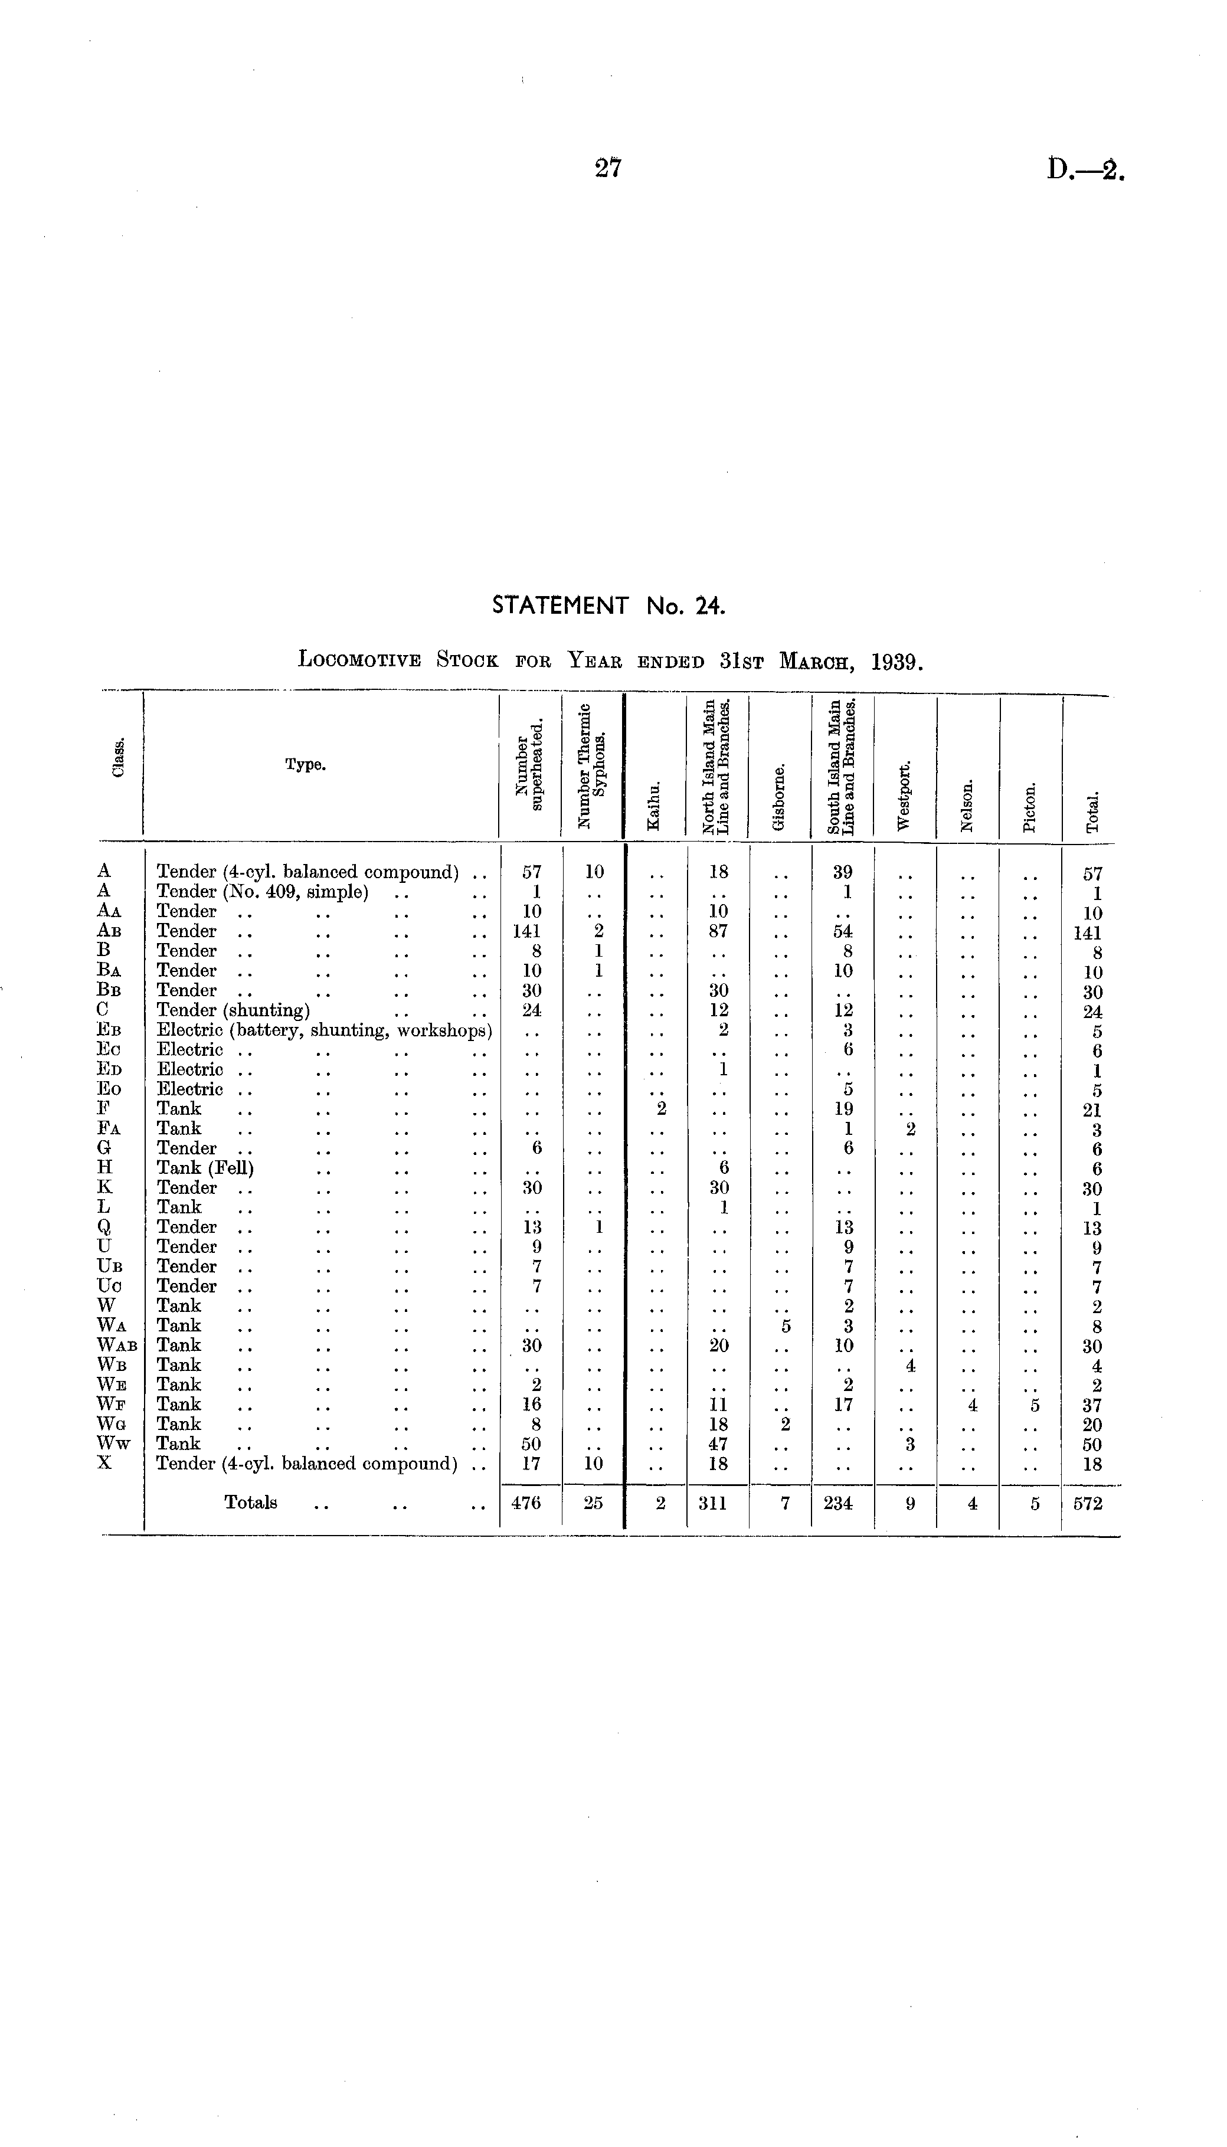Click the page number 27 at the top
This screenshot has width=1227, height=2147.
pos(608,169)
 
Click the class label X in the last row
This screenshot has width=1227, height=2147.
pos(104,1463)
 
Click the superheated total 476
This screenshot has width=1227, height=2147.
pos(526,1503)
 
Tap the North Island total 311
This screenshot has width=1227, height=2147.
pos(713,1503)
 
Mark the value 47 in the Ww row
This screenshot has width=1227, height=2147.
pos(718,1444)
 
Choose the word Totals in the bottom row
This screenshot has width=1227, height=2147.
pos(250,1503)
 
